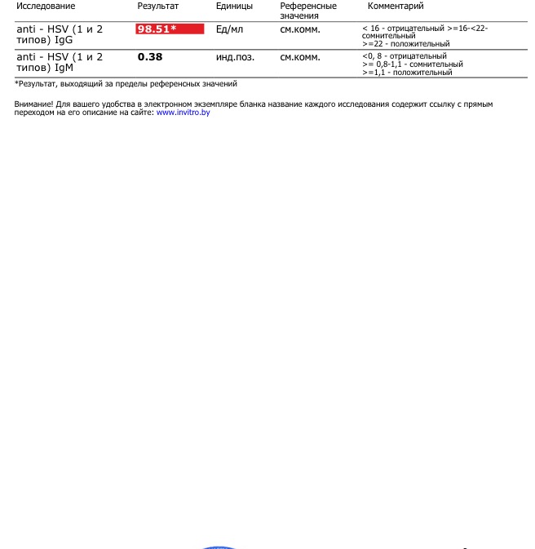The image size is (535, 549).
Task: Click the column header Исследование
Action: point(46,7)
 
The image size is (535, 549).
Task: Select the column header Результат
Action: point(157,7)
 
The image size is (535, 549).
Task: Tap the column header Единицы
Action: point(234,7)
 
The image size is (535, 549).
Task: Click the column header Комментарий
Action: point(396,7)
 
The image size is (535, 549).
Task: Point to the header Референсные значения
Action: point(307,11)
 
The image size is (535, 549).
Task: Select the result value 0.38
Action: point(150,57)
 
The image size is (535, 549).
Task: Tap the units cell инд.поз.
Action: point(235,57)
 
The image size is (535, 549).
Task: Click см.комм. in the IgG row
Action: point(300,29)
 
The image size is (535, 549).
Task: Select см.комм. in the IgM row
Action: point(300,57)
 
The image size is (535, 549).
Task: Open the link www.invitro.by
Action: point(183,113)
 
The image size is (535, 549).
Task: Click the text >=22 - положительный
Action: point(405,44)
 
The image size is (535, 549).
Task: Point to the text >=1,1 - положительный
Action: point(406,73)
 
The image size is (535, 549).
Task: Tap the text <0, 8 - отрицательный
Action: point(404,56)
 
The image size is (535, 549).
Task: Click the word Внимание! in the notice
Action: point(34,104)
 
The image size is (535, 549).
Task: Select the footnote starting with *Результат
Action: point(126,84)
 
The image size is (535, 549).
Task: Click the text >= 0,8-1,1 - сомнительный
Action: point(412,64)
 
